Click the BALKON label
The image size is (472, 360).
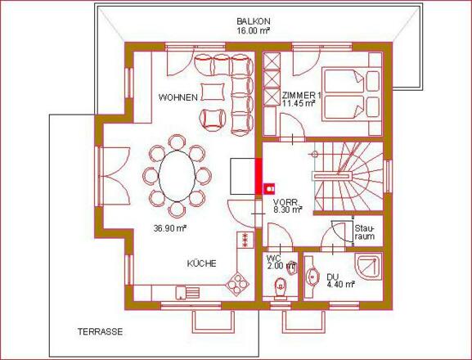click(x=254, y=21)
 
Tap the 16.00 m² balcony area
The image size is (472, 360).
click(x=253, y=30)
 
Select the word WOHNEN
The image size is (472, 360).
click(x=178, y=97)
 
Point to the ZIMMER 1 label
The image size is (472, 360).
click(x=302, y=96)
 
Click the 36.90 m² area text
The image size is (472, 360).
click(x=170, y=228)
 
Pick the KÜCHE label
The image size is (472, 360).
click(x=202, y=263)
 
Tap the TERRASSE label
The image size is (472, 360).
click(x=101, y=331)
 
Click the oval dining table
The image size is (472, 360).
click(x=177, y=176)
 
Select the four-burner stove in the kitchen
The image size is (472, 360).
click(x=237, y=283)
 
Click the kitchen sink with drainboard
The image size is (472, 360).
click(x=187, y=293)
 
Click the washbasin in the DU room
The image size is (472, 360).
click(x=313, y=276)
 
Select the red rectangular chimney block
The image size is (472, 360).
click(x=258, y=177)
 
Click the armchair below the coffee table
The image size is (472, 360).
click(x=214, y=119)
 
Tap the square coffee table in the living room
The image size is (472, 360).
click(x=213, y=92)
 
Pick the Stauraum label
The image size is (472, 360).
click(x=365, y=232)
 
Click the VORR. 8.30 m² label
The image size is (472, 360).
click(x=288, y=206)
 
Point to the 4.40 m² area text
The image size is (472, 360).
click(x=340, y=284)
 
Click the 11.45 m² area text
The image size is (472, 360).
click(x=299, y=103)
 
